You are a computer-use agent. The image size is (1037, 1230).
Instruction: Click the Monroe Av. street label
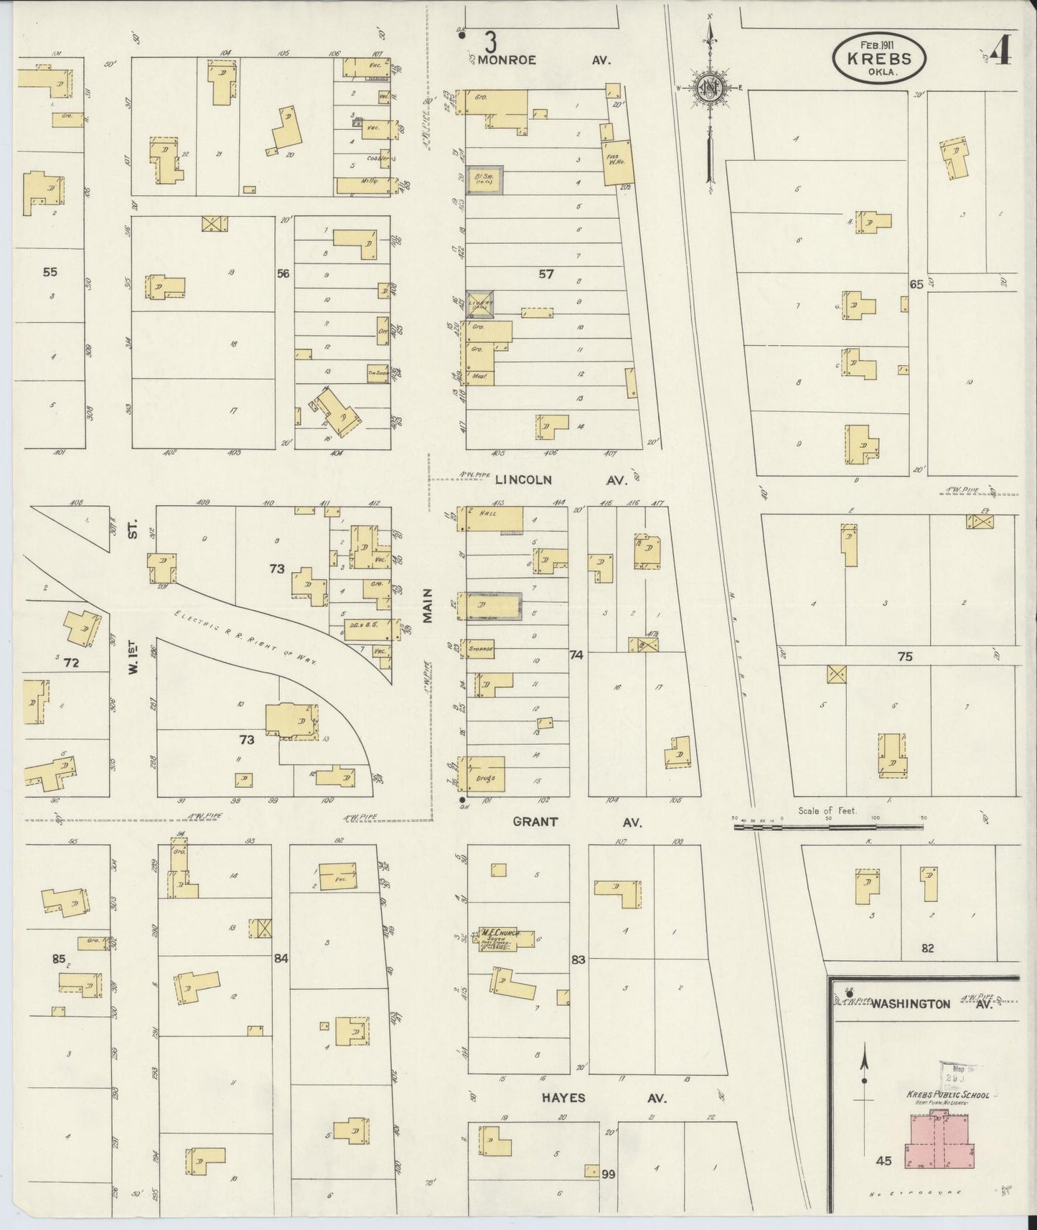point(543,61)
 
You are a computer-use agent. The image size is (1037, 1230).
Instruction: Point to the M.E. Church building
point(507,939)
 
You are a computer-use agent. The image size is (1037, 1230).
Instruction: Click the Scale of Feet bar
point(829,827)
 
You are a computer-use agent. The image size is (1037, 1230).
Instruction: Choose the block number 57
point(546,274)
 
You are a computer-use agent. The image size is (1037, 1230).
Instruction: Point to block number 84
point(281,957)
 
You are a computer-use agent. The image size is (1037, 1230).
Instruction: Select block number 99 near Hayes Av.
point(609,1174)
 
